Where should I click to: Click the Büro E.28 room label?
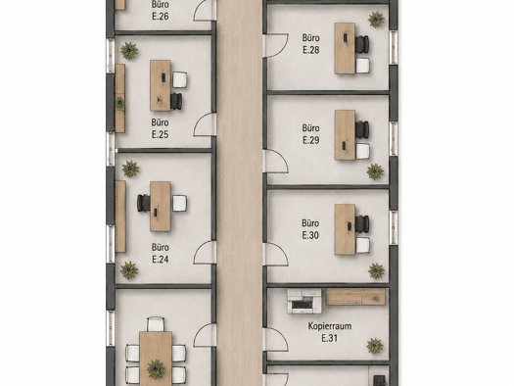coord(310,44)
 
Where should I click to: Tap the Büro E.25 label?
coord(160,128)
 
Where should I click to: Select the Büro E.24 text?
coord(160,253)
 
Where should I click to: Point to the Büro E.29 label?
coord(310,134)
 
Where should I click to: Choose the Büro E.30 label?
coord(310,229)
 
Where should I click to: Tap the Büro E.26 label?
coord(161,10)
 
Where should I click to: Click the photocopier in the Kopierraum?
coord(304,302)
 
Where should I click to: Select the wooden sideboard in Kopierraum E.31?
coord(355,297)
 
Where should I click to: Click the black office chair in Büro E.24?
coord(143,203)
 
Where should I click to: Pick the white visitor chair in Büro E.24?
coord(179,204)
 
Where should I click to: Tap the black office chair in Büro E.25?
coord(176,101)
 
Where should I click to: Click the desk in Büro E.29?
coord(345,135)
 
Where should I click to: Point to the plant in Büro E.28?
coord(376,20)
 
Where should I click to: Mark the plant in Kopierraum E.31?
coord(375,346)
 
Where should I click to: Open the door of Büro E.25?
coord(205,124)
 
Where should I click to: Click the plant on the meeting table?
coord(156,369)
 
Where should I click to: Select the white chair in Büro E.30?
coord(362,245)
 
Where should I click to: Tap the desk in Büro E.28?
coord(345,48)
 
